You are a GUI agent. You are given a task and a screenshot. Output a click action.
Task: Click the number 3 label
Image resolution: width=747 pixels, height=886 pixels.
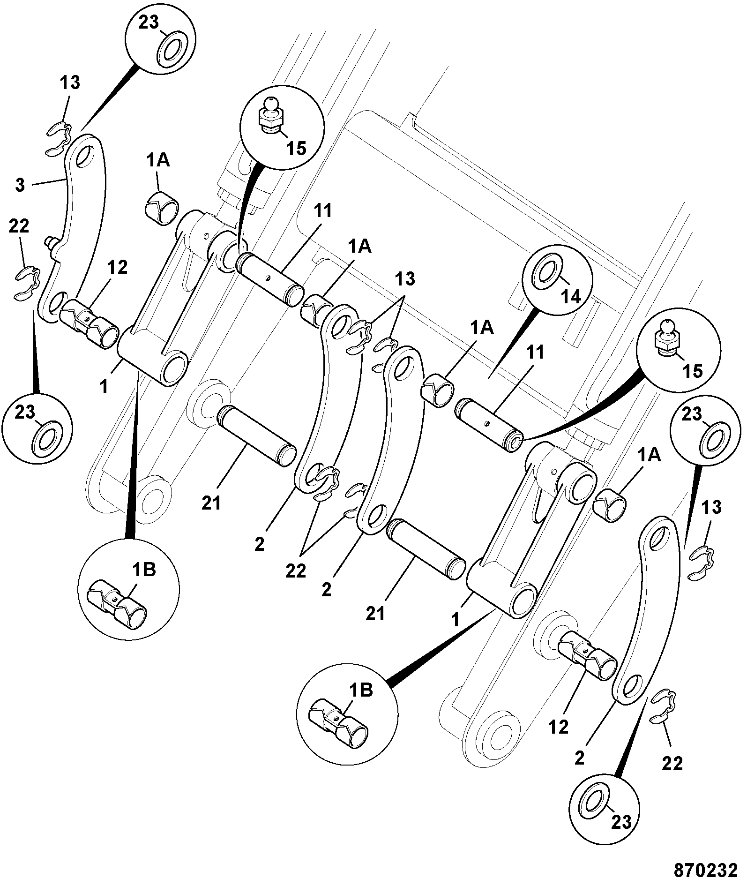(x=20, y=185)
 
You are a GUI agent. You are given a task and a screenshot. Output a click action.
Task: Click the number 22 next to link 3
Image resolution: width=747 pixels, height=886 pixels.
(x=19, y=227)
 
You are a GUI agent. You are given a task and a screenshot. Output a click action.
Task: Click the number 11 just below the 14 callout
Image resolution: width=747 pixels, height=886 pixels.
(x=535, y=353)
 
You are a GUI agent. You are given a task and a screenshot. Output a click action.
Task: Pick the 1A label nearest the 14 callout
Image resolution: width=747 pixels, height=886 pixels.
(x=483, y=328)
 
